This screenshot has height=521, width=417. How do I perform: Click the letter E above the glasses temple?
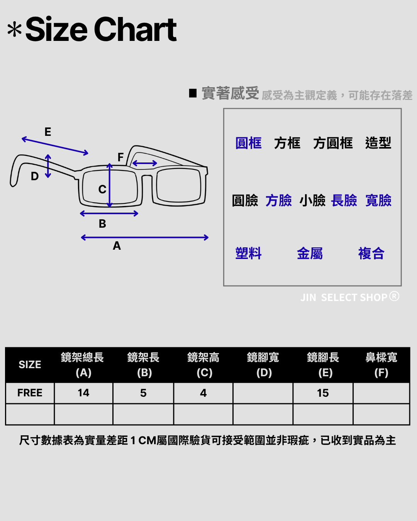tap(48, 132)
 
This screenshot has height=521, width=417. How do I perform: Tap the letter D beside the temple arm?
tap(35, 176)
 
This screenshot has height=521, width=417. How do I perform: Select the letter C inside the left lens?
tap(102, 189)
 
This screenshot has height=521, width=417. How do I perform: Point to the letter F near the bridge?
tap(120, 157)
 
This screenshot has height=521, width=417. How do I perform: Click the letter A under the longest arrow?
tap(117, 246)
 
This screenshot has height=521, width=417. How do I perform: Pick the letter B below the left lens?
tap(102, 224)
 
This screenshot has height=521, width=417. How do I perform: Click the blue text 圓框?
tap(249, 143)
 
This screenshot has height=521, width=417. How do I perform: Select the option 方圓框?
tap(333, 143)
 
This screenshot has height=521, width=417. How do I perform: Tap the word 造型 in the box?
tap(378, 143)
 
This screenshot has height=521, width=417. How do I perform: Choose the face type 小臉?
tap(312, 201)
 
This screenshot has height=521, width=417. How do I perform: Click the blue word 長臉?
tap(344, 201)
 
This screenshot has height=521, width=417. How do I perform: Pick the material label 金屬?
tap(310, 254)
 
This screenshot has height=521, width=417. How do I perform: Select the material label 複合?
tap(371, 254)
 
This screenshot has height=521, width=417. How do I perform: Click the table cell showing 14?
tap(83, 393)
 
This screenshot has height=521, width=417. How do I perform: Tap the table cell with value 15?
tap(323, 393)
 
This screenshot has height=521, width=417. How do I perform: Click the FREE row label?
tap(30, 393)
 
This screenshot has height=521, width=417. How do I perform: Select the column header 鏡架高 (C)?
tap(203, 365)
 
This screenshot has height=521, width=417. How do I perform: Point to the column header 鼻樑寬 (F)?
tap(381, 365)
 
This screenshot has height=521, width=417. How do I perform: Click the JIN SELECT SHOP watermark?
tap(349, 297)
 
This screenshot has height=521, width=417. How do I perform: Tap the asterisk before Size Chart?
tap(15, 30)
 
